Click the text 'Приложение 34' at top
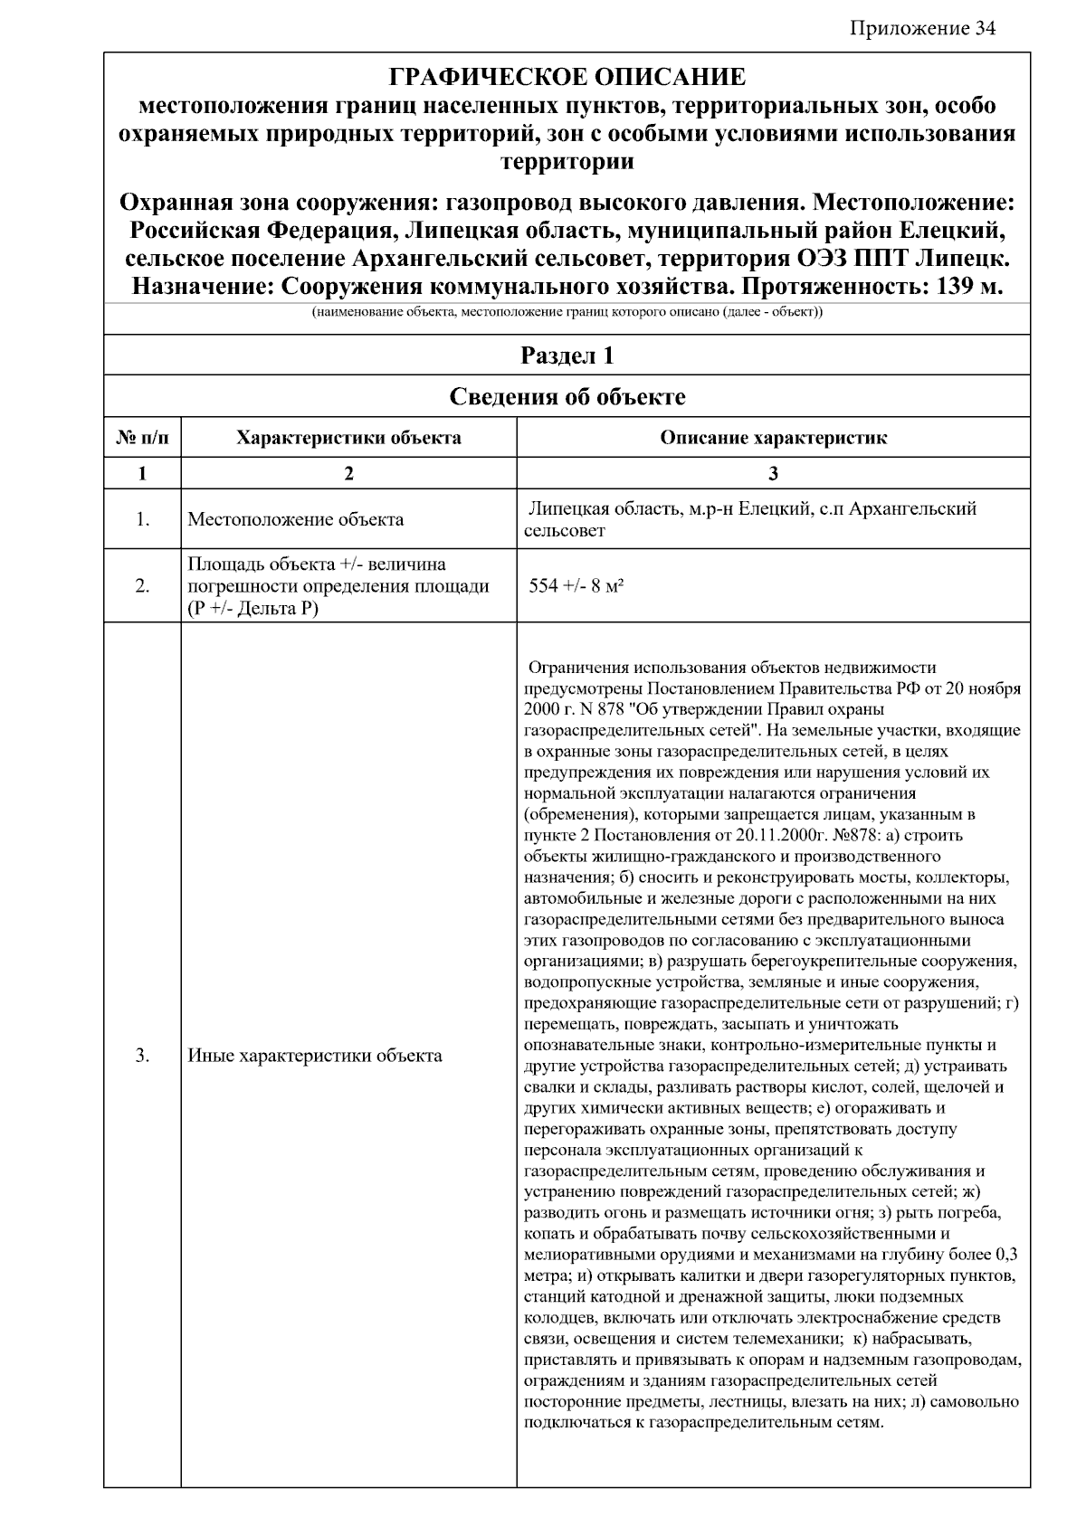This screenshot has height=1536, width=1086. (x=922, y=29)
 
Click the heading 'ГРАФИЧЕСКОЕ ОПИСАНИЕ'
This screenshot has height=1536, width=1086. (x=567, y=77)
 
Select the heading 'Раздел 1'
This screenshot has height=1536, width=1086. (x=567, y=356)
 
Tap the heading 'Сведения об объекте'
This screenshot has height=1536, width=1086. (x=567, y=396)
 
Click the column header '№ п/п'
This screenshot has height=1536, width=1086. (x=142, y=439)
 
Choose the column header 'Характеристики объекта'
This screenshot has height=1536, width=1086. (x=348, y=439)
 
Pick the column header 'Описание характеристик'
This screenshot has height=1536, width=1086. (x=773, y=439)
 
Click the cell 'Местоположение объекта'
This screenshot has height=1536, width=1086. (x=295, y=520)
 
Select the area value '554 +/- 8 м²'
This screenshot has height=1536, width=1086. (x=576, y=585)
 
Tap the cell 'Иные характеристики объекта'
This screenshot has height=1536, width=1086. (x=314, y=1056)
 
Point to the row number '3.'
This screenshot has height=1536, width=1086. (x=142, y=1056)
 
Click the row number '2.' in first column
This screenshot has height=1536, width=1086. (x=142, y=586)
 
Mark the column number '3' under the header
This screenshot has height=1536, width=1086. (x=773, y=473)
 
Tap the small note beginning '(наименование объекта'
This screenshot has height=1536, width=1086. (x=567, y=313)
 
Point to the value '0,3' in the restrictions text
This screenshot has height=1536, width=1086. (x=1005, y=1255)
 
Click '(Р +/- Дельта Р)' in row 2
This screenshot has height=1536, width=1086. (x=252, y=608)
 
